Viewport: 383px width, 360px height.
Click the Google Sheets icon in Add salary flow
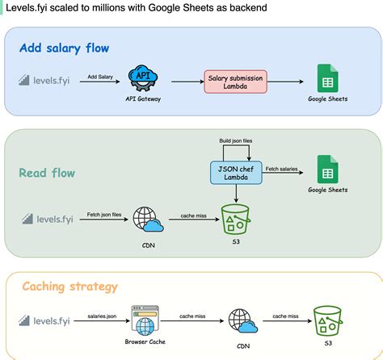pos(327,79)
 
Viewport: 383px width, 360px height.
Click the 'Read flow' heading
pos(47,172)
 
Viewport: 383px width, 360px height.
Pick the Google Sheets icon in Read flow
pos(327,170)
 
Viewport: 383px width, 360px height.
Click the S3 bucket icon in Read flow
pos(236,218)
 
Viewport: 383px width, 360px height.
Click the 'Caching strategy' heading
pos(69,286)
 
